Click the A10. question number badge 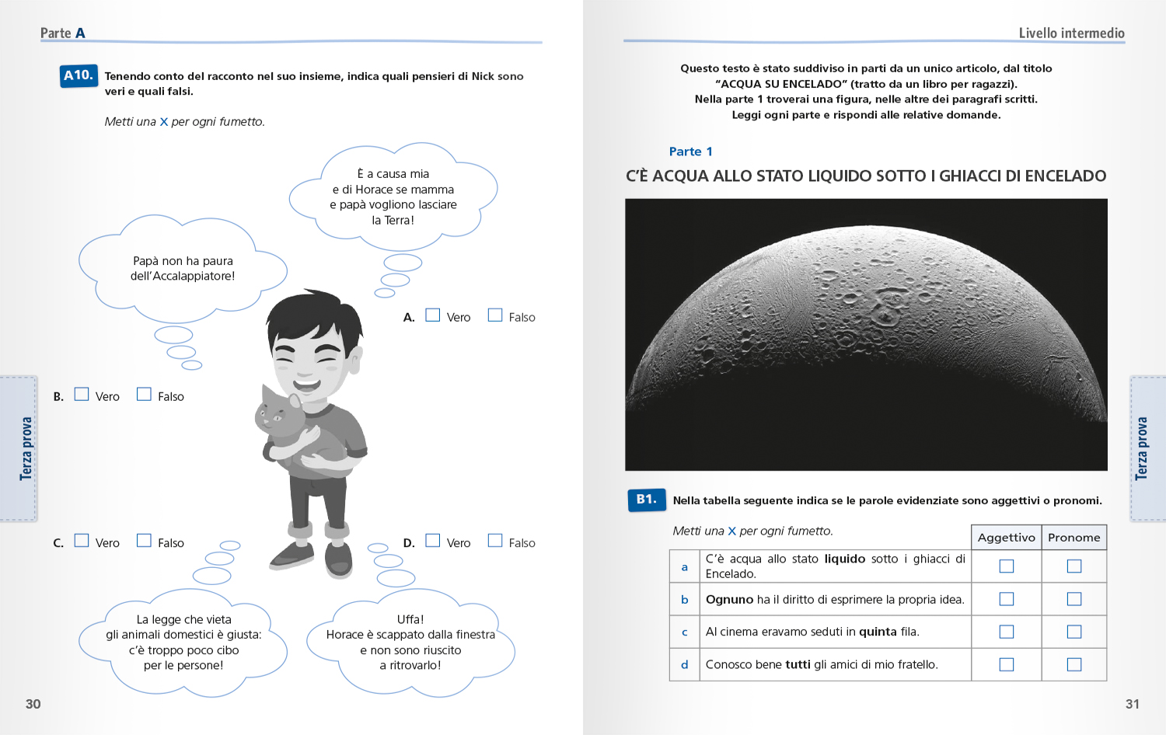point(79,75)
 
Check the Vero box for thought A point(433,315)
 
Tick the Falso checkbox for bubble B point(144,394)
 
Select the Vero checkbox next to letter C point(82,540)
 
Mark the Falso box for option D point(495,540)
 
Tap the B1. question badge point(646,500)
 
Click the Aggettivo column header point(1006,538)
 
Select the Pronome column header point(1073,538)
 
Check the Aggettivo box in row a point(1007,566)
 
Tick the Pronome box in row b point(1074,599)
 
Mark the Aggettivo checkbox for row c point(1007,632)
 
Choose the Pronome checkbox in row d point(1074,664)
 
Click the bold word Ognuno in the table point(729,600)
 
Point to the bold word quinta point(878,632)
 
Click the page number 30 point(33,704)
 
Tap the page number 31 point(1133,704)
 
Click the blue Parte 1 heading point(690,152)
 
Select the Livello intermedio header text point(1071,33)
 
